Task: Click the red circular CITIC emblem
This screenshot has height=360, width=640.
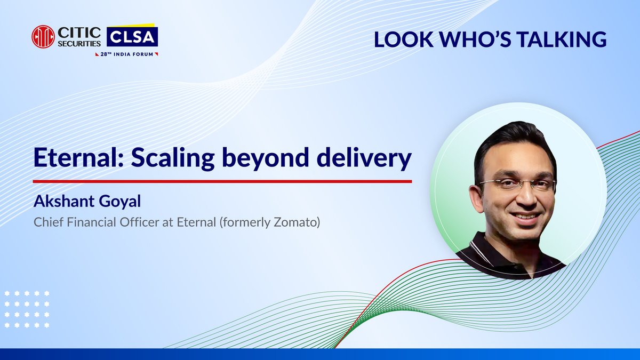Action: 43,37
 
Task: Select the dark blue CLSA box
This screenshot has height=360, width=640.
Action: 132,37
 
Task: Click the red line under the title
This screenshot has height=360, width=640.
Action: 222,181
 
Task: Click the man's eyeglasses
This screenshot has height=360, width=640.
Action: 517,186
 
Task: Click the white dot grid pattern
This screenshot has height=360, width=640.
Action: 27,309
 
